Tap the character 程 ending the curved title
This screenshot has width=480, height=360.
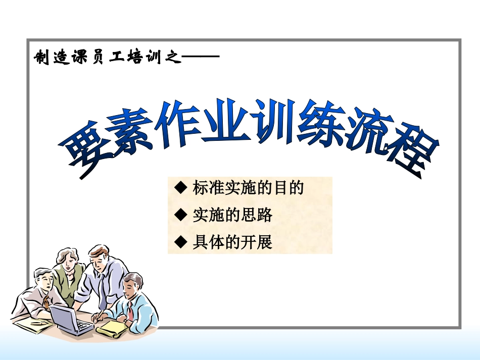pos(414,154)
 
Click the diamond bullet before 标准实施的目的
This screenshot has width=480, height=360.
pos(181,188)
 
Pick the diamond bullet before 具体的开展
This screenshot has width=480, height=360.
pos(181,242)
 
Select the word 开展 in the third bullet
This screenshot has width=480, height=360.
pos(260,242)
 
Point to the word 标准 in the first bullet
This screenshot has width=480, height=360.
pos(207,188)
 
